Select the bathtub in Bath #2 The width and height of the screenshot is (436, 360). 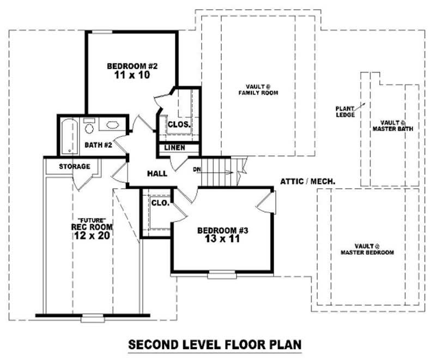(69, 135)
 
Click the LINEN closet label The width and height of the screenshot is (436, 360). (175, 148)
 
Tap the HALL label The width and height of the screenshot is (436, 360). (157, 173)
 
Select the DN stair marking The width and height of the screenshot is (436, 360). (197, 170)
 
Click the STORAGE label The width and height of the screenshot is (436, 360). (75, 166)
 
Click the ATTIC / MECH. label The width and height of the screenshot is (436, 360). (308, 181)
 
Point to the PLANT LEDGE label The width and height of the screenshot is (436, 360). (345, 112)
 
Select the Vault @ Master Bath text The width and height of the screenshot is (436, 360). (392, 126)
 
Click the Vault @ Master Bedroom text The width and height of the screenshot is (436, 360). (367, 249)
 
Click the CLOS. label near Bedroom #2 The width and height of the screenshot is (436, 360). (179, 124)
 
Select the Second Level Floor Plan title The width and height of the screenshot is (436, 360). (215, 345)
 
